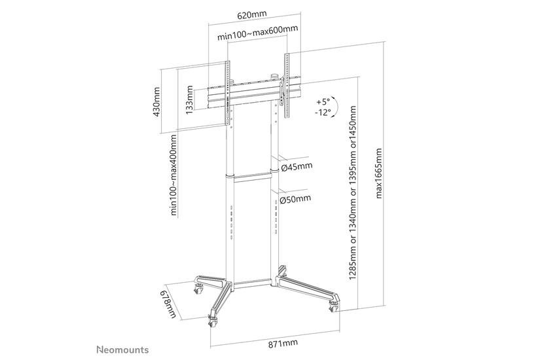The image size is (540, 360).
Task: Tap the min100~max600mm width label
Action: [257, 29]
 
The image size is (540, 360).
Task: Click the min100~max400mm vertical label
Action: [174, 174]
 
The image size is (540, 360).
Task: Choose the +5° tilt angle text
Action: [323, 102]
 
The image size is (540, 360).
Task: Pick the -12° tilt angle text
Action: [323, 112]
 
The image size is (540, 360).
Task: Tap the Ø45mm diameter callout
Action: [296, 166]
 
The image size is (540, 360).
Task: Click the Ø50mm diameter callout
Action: [296, 200]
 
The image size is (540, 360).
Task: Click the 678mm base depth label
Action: [169, 303]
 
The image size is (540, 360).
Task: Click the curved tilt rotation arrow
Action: [336, 107]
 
